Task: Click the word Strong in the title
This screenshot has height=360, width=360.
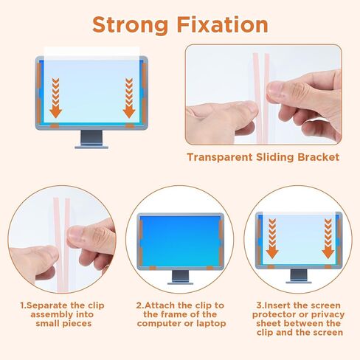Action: [131, 26]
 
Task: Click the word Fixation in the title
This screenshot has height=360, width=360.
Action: [223, 24]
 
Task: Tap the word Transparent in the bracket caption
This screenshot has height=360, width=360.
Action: [220, 157]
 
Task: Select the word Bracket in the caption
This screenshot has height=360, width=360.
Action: [319, 157]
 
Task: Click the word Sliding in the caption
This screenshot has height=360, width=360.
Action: [275, 157]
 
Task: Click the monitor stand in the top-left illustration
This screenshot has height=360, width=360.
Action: [91, 139]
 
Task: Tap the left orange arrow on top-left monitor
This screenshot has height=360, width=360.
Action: [55, 98]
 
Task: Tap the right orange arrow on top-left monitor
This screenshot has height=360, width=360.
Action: [129, 98]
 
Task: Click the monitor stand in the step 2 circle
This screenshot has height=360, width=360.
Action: [180, 277]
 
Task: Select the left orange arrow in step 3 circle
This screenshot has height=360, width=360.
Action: [272, 238]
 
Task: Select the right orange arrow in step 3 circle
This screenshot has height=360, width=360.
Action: [328, 238]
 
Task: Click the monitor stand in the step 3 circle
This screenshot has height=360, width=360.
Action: [299, 276]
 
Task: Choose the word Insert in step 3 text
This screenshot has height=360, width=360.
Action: [277, 305]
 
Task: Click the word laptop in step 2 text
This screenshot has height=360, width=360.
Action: [211, 324]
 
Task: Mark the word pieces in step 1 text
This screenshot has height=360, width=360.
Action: [77, 324]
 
